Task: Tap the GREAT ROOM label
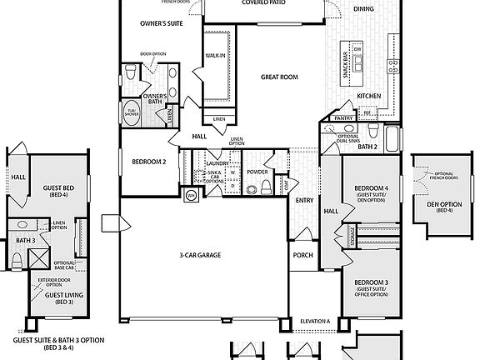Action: (x=279, y=77)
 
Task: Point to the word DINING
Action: (x=363, y=8)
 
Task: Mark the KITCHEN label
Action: (x=369, y=97)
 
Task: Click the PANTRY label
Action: (x=344, y=118)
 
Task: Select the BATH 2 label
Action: (x=367, y=146)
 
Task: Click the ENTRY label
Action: (x=304, y=200)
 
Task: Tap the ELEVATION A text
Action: (x=315, y=322)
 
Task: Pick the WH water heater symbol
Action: (x=190, y=197)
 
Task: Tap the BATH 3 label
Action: (x=26, y=241)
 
